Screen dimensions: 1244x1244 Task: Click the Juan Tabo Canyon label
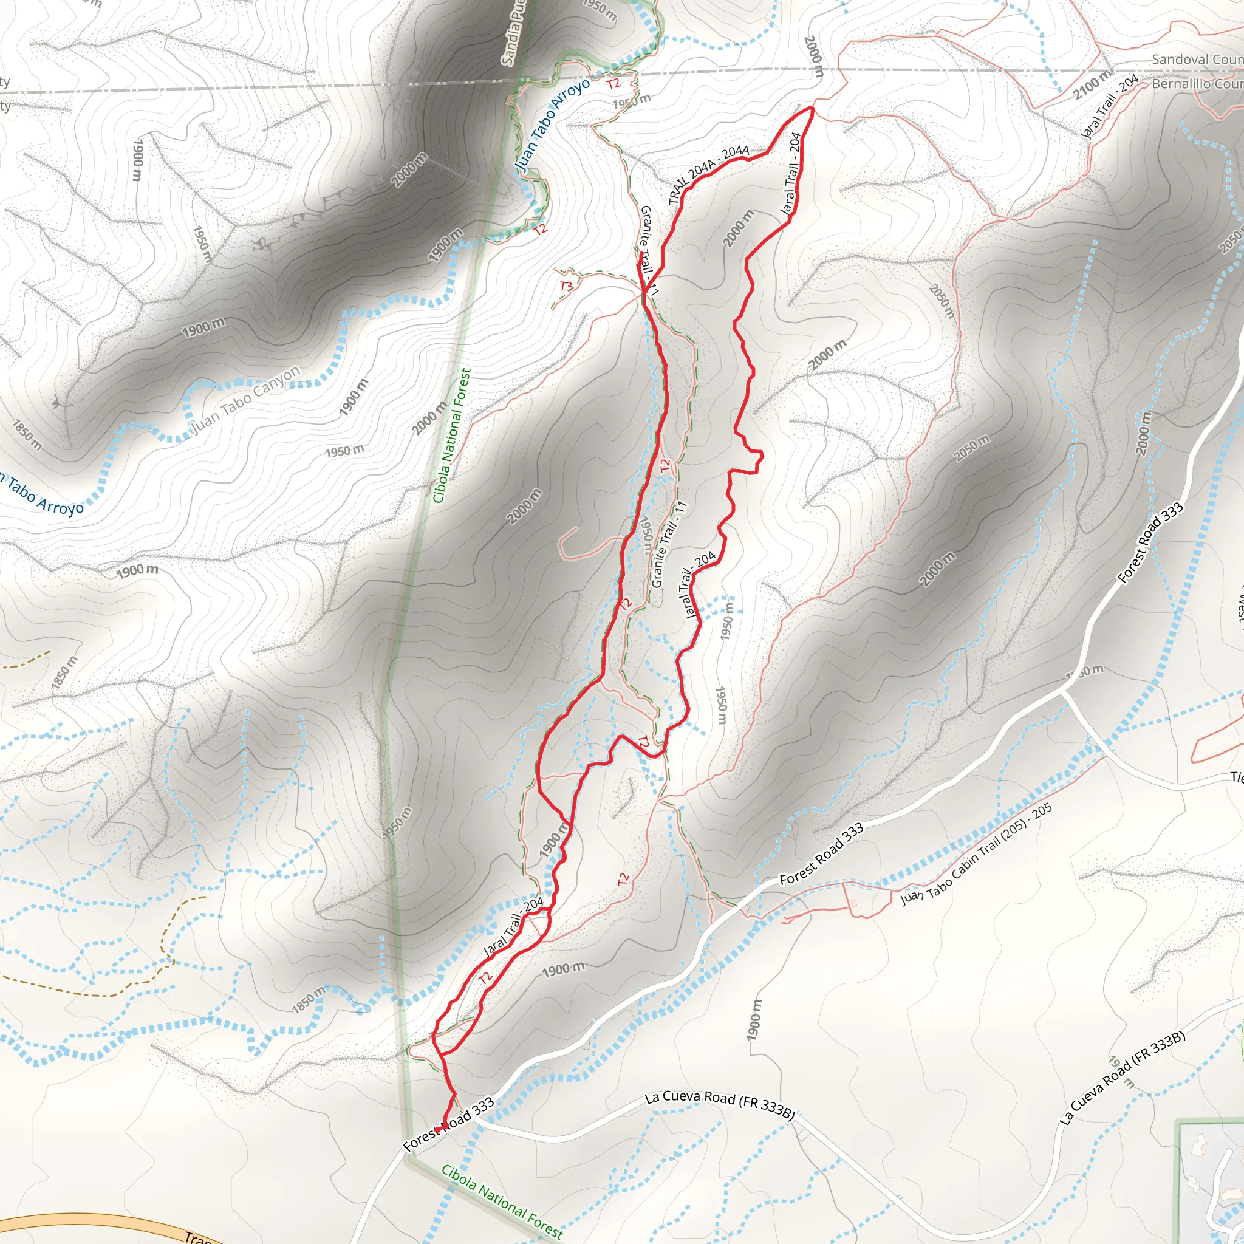[x=247, y=400]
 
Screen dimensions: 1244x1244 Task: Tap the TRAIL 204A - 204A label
[x=708, y=174]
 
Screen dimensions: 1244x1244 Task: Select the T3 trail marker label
[x=567, y=286]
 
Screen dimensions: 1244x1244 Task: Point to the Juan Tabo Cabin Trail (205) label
[x=976, y=853]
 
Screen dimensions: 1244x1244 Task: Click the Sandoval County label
[x=1197, y=60]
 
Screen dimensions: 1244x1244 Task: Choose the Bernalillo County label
[x=1197, y=84]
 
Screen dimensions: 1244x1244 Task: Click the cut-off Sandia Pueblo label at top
[x=514, y=32]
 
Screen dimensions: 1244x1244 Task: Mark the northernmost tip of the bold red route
[x=811, y=108]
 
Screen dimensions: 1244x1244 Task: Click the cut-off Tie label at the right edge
[x=1236, y=777]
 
